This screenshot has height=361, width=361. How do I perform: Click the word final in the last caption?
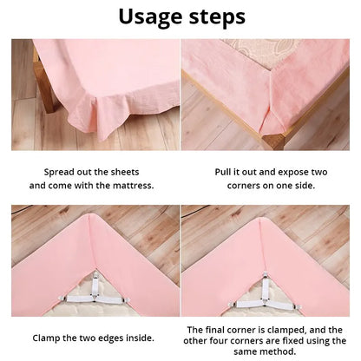click(221, 330)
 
